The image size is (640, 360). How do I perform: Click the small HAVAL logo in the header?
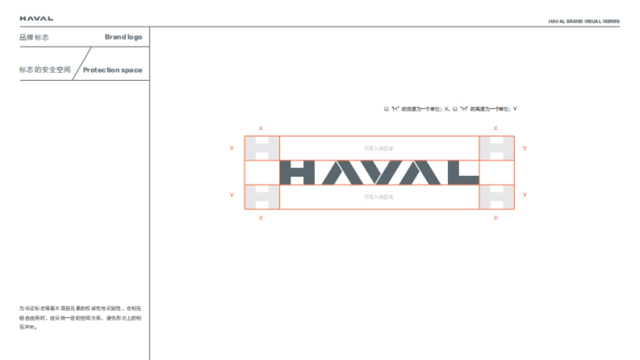point(36,19)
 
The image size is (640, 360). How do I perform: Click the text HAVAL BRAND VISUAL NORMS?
point(584,21)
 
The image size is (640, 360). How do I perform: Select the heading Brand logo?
point(123,37)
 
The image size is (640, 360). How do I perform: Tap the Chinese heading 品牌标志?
point(34,37)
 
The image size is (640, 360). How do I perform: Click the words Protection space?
point(113,70)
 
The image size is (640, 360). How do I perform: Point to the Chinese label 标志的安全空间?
point(45,70)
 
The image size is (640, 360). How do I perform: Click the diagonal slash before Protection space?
point(82,63)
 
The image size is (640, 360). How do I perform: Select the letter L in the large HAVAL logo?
point(462,173)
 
